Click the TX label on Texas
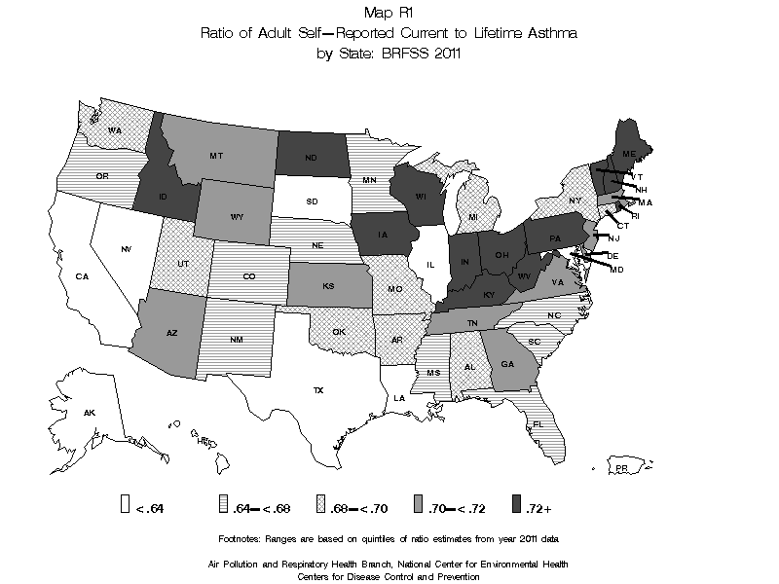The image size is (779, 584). coord(317,390)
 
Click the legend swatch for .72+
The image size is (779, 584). coord(515,504)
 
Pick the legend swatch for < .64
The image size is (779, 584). coord(126,504)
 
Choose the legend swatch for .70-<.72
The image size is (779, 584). coord(418,504)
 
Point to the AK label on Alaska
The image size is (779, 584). coord(89,414)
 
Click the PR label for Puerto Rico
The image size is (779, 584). coord(620,469)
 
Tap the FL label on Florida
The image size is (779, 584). coord(537,424)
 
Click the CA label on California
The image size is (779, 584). coord(83,276)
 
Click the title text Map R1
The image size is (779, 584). coord(389,13)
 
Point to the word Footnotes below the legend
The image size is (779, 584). coord(245,537)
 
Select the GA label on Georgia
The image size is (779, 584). coord(507,363)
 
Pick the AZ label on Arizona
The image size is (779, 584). coord(172,333)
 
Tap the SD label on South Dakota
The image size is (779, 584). coord(313,202)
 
